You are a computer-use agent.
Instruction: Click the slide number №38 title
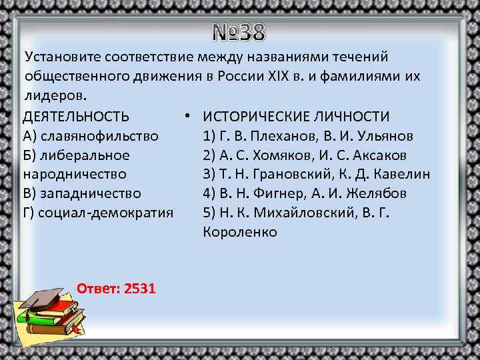tap(239, 31)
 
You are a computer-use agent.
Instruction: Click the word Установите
tap(58, 58)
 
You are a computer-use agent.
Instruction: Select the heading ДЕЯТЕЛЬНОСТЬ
tap(76, 117)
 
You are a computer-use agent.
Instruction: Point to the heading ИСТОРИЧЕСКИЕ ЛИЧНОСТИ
tap(296, 117)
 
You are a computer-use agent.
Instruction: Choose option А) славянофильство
tap(91, 136)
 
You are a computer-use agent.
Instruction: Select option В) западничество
tap(82, 194)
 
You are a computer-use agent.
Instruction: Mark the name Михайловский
tap(304, 213)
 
